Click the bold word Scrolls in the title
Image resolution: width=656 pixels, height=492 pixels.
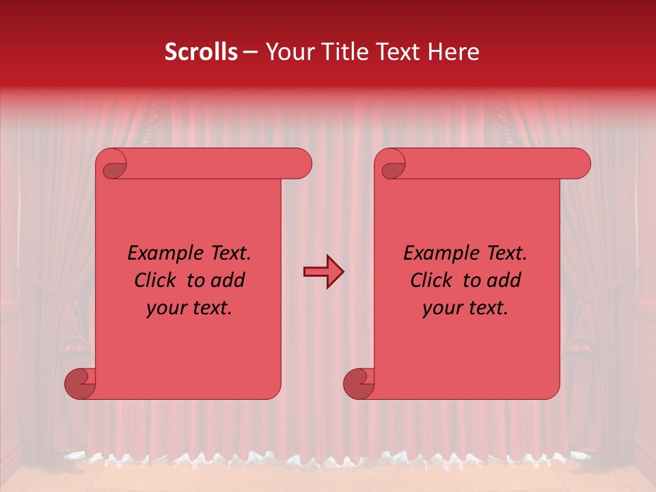(x=201, y=52)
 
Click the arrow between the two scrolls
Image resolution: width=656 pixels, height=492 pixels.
(x=323, y=272)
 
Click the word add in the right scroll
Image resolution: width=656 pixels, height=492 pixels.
(x=504, y=280)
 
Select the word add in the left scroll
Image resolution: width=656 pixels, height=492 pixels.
(x=228, y=280)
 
